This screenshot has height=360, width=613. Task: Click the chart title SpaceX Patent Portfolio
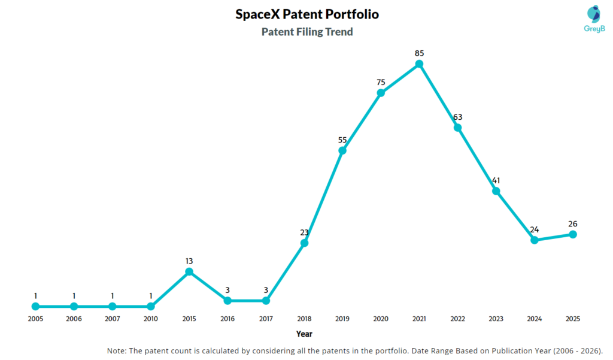click(307, 14)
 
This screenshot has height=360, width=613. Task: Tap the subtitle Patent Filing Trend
click(307, 32)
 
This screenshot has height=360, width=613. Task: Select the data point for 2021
click(419, 63)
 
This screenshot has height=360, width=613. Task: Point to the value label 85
click(419, 53)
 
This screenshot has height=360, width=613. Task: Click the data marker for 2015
click(189, 271)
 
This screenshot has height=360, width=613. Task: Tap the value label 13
click(189, 261)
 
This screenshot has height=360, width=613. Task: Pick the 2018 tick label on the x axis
click(304, 319)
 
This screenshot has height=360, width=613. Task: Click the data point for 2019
click(342, 150)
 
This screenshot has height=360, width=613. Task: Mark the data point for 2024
click(535, 240)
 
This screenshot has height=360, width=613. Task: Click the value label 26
click(573, 224)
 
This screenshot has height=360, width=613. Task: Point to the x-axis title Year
click(304, 334)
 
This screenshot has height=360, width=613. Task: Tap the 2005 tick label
click(35, 319)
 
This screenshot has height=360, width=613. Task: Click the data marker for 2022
click(457, 127)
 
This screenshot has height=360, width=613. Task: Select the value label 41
click(496, 180)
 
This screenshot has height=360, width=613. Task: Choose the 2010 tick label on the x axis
click(151, 319)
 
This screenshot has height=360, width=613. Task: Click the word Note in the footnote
click(118, 350)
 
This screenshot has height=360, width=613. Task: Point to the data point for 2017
click(266, 300)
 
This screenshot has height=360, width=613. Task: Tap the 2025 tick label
click(573, 319)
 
